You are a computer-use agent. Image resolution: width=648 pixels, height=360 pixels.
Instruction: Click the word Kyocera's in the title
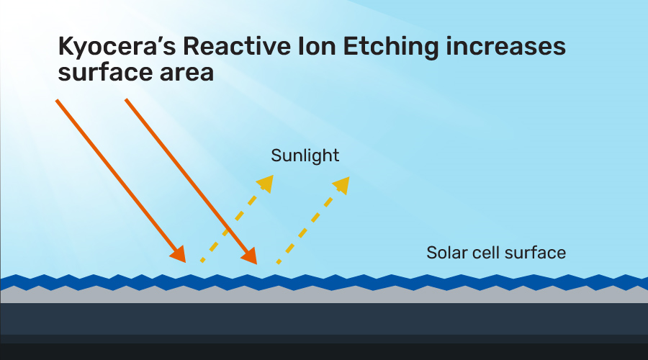117,47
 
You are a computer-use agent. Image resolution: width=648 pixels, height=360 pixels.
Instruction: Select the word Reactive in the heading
237,46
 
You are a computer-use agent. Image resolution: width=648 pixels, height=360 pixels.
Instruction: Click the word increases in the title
506,46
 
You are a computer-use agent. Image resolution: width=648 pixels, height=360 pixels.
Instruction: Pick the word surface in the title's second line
105,72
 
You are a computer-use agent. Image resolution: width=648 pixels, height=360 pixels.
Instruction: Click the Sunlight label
305,156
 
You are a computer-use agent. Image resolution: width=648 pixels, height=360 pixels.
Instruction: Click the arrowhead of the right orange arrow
250,256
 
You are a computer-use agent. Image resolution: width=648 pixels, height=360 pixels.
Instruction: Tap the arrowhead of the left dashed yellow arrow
266,183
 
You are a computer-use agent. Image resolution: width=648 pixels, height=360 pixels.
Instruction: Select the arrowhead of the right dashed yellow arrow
342,185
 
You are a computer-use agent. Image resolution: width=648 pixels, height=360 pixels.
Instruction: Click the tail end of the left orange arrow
57,100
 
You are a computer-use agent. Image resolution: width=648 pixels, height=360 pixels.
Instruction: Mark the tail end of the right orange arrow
126,99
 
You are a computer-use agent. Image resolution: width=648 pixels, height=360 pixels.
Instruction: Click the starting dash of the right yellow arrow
279,261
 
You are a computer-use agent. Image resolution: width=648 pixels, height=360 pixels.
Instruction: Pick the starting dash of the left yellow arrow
202,260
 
